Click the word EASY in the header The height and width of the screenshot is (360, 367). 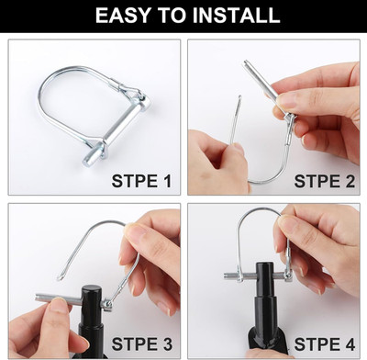point(123,15)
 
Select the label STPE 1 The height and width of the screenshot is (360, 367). point(141,181)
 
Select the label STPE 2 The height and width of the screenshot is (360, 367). point(324,181)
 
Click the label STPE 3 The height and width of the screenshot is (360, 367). point(141,343)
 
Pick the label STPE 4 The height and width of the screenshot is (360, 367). point(325,343)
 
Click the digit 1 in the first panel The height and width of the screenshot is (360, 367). point(167,181)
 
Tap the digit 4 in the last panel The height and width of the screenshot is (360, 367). point(350,343)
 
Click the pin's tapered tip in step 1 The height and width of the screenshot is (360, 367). point(87,160)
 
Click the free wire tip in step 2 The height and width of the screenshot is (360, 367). point(239,97)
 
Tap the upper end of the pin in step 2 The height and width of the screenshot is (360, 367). point(247,63)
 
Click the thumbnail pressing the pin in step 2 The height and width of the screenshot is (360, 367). point(287,100)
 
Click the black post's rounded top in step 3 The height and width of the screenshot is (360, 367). point(91,289)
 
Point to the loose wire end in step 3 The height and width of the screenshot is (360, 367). point(61,278)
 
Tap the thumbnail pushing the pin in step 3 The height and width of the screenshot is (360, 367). point(58,305)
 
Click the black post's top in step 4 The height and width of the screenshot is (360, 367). point(264,265)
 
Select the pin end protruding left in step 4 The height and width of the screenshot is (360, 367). point(228,276)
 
